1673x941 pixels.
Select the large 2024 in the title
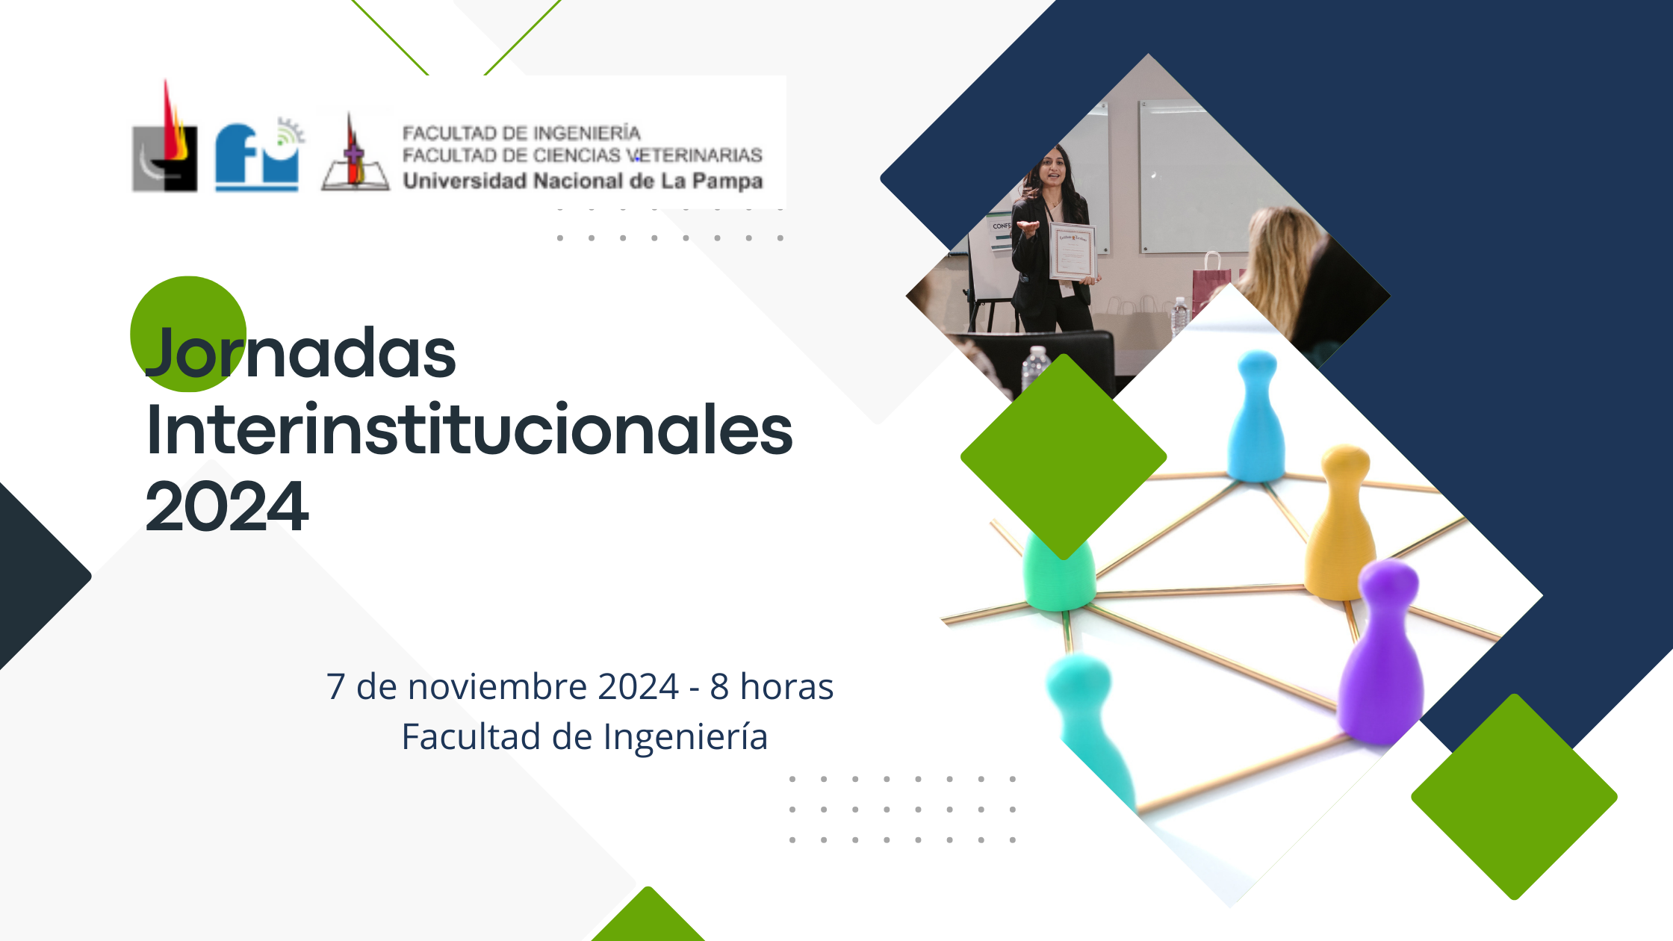tap(227, 507)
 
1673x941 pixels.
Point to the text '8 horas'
tap(772, 686)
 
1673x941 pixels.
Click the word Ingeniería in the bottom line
tap(686, 738)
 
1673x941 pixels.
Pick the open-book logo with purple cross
tap(355, 152)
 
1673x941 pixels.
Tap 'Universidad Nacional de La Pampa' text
tap(583, 181)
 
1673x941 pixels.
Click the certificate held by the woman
tap(1073, 252)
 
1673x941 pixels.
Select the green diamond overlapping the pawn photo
tap(1064, 456)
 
